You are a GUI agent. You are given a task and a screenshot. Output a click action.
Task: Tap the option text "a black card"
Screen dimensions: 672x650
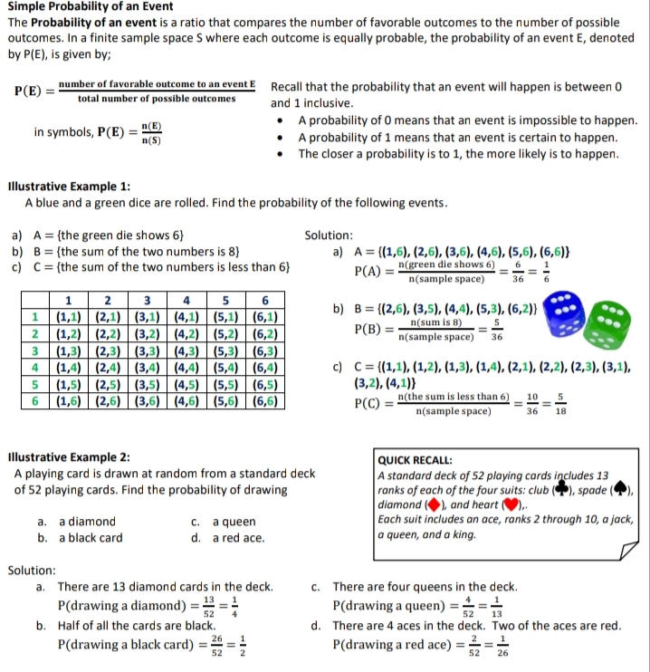tap(91, 538)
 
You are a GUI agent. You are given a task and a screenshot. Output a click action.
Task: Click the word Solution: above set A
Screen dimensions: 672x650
tap(329, 235)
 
